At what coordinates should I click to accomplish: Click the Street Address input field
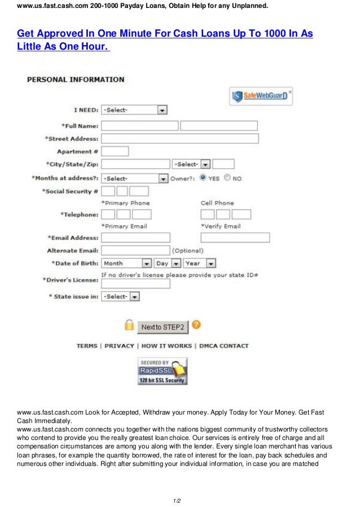[179, 138]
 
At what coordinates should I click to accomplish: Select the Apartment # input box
[115, 151]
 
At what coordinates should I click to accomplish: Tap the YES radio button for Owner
[203, 178]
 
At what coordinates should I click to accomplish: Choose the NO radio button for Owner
[227, 178]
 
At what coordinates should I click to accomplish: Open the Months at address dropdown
[134, 178]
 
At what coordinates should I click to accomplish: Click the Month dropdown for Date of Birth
[127, 263]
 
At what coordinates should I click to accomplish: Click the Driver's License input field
[135, 284]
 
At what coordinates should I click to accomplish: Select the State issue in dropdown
[120, 297]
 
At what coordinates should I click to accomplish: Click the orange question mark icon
[196, 325]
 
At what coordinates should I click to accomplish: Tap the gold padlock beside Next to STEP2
[129, 326]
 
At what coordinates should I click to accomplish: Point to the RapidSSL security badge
[162, 371]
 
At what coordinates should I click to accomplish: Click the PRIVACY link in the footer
[119, 346]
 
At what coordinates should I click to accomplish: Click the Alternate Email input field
[135, 250]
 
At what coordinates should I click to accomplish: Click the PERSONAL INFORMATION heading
[76, 80]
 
